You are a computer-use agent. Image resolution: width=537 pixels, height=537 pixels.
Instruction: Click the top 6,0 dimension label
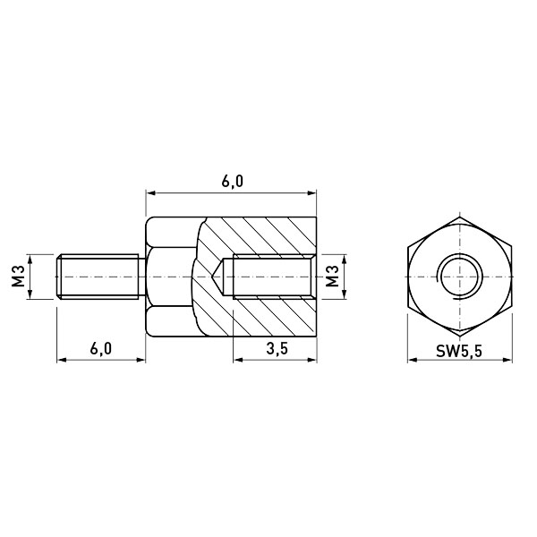(232, 181)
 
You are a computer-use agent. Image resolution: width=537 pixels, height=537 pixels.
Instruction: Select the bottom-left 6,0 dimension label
(100, 349)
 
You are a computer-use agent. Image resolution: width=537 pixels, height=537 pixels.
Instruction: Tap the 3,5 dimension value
(277, 349)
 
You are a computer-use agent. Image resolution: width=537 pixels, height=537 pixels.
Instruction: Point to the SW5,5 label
(459, 351)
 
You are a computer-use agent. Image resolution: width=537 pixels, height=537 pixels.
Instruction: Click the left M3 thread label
(19, 277)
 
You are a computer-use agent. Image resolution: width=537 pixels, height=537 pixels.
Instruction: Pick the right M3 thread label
(331, 277)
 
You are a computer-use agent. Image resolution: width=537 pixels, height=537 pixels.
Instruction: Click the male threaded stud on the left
(100, 277)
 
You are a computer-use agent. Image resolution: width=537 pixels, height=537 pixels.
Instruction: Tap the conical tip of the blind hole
(213, 277)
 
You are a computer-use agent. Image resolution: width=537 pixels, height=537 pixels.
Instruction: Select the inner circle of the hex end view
(459, 277)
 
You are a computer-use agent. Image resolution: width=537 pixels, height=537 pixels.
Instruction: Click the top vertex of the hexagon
(459, 217)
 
